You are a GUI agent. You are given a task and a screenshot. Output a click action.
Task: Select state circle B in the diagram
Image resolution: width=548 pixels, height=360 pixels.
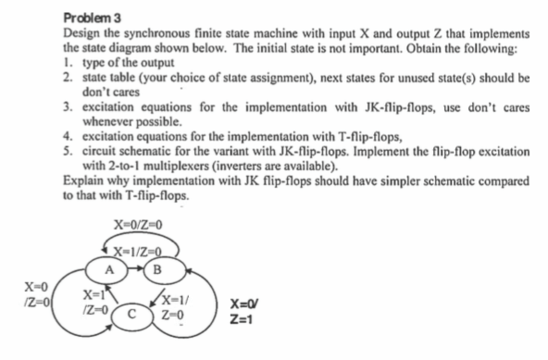click(x=168, y=273)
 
